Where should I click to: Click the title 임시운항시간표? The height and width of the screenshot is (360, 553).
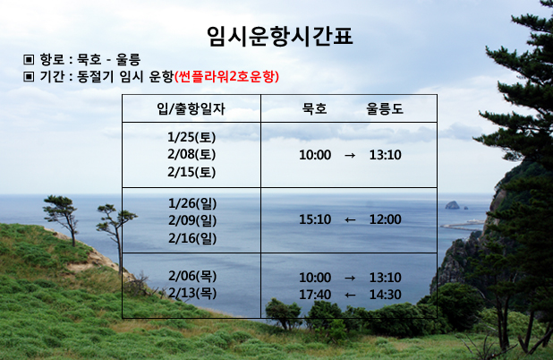[280, 37]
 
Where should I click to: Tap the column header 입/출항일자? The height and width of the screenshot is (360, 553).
[191, 108]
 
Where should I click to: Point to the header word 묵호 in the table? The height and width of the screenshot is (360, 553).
[315, 108]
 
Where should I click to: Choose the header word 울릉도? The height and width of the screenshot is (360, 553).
[385, 108]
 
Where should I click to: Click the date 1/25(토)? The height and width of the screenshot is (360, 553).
[191, 137]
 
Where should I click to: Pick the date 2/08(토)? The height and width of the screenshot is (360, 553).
[191, 154]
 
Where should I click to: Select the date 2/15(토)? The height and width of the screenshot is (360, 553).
[191, 172]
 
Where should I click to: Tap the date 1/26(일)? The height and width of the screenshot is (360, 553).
[192, 203]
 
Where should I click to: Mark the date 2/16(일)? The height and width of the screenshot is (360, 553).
[192, 238]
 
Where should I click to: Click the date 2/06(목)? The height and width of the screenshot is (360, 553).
[192, 276]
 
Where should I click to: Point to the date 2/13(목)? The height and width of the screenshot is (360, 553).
[192, 293]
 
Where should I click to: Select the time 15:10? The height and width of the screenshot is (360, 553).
[315, 219]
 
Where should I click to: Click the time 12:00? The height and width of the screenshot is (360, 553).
[385, 219]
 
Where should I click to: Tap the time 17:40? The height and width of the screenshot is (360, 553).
[315, 295]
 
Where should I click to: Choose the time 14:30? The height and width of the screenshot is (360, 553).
[385, 295]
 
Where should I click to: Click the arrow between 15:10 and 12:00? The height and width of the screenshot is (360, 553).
[350, 220]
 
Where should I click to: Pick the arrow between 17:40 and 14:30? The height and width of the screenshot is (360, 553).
[350, 295]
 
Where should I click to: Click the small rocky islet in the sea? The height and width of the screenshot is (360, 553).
[452, 205]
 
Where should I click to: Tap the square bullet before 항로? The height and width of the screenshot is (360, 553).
[29, 59]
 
